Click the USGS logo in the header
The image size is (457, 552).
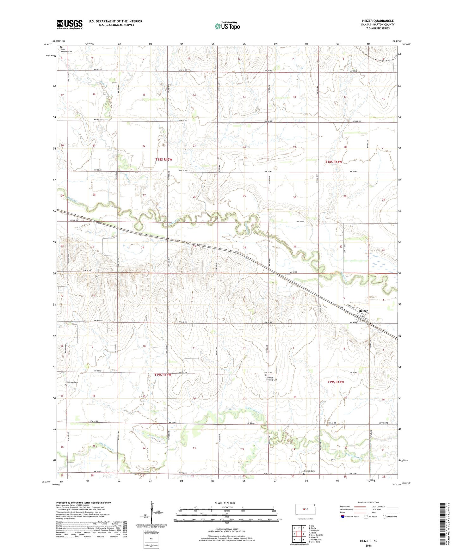[70, 24]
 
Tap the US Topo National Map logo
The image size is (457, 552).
[227, 26]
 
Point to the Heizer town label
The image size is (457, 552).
[363, 311]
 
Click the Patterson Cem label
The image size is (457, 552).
[71, 382]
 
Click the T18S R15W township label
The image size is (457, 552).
[164, 160]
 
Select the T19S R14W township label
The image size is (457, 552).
[336, 382]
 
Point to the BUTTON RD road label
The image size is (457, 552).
[383, 423]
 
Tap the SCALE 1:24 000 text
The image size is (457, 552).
[225, 503]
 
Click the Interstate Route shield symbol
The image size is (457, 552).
[343, 517]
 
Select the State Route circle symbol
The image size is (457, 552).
[385, 517]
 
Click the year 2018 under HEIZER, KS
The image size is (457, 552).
[368, 546]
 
